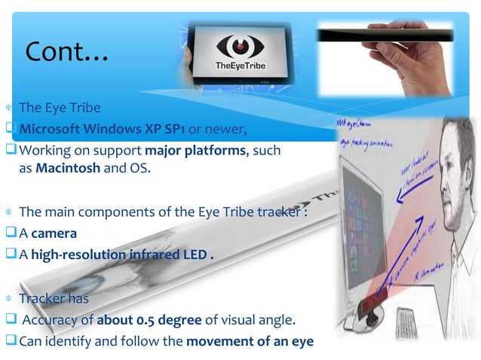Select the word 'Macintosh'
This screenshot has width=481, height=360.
click(x=64, y=168)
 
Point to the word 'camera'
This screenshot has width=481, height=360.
click(x=54, y=233)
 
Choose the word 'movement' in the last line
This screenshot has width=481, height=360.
click(x=218, y=340)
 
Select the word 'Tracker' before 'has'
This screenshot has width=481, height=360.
click(x=43, y=297)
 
